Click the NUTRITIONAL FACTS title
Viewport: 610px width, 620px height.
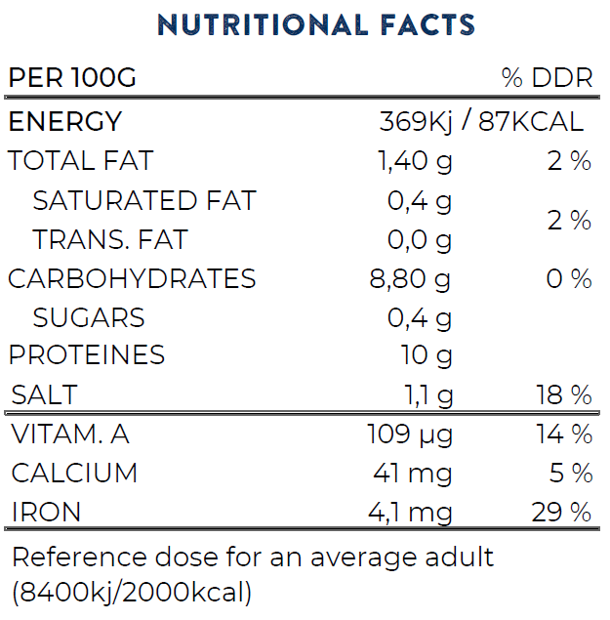tap(315, 24)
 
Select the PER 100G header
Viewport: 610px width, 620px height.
tap(72, 79)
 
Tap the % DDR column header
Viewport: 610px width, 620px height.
tap(547, 79)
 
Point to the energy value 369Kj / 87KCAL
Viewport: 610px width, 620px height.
tap(481, 122)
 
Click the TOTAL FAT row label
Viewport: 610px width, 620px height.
tap(81, 161)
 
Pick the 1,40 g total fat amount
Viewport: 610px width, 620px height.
tap(415, 161)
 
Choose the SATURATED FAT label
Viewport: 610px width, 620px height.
tap(144, 200)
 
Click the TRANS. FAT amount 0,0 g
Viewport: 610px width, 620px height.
tap(421, 239)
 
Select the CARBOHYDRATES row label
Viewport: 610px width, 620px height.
tap(132, 278)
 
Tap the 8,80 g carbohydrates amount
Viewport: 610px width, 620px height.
tap(410, 278)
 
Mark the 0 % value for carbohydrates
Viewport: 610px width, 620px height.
tap(569, 278)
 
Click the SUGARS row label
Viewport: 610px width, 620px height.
tap(89, 317)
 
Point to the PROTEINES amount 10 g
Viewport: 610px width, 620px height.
tap(427, 355)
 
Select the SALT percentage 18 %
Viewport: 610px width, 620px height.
tap(564, 395)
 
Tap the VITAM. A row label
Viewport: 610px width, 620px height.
tap(74, 434)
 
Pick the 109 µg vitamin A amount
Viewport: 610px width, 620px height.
tap(410, 434)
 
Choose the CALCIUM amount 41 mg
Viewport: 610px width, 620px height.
tap(413, 474)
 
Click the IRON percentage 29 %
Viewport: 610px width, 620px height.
tap(562, 512)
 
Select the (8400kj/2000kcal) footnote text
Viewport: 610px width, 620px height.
tap(132, 592)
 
